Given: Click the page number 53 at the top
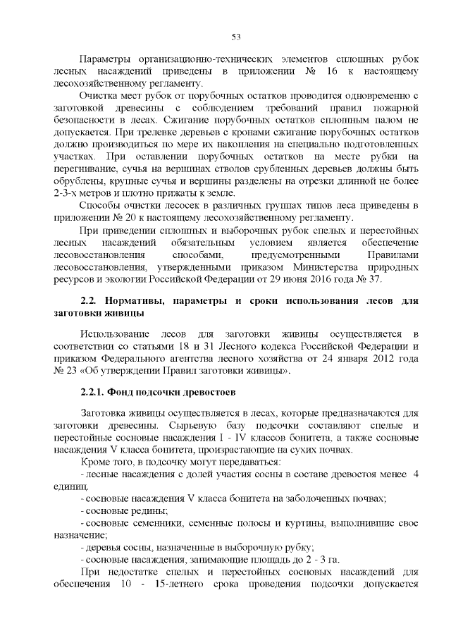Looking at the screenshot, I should tap(236, 37).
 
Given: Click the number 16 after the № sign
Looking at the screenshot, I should tap(336, 72).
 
